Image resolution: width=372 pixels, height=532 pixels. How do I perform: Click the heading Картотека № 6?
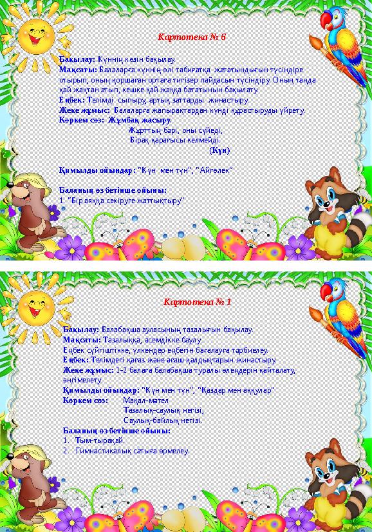click(192, 37)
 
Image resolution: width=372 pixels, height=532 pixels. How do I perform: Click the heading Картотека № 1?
click(197, 302)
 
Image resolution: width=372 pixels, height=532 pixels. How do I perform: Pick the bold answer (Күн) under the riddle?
click(219, 150)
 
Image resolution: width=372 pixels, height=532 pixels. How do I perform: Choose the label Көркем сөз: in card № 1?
click(85, 400)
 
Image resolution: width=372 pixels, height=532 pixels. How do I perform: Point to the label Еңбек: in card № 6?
click(70, 100)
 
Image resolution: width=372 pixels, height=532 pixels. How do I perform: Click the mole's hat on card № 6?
click(26, 181)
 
